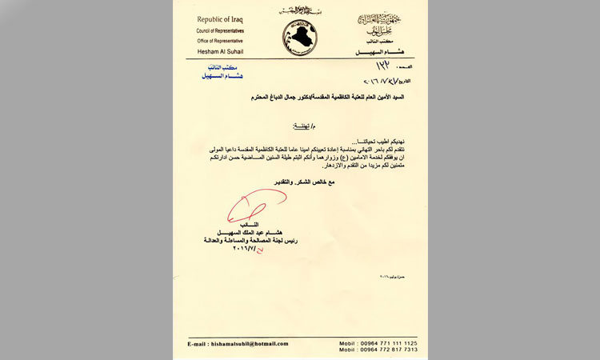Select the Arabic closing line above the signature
click(301, 184)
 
